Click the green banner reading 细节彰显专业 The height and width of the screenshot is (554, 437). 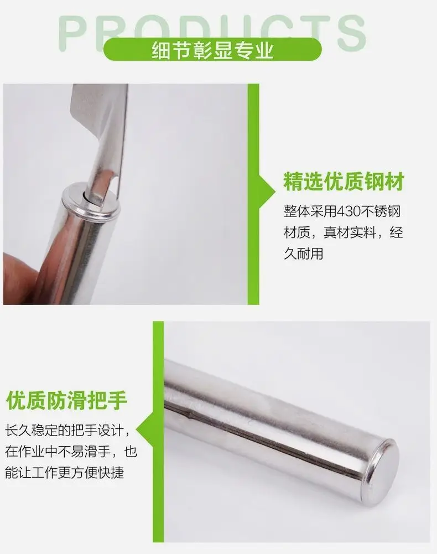[212, 49]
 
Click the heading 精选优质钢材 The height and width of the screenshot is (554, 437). [344, 182]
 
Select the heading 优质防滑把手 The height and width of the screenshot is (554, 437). [66, 400]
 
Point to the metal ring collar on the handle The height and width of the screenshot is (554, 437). [91, 200]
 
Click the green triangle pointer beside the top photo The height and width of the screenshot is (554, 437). [267, 191]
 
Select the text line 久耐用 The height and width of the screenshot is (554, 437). [304, 253]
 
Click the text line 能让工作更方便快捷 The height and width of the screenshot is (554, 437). [65, 473]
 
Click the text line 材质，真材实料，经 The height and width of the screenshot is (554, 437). [344, 232]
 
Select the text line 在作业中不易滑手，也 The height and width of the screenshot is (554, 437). [71, 451]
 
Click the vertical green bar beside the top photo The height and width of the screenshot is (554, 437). [253, 194]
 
